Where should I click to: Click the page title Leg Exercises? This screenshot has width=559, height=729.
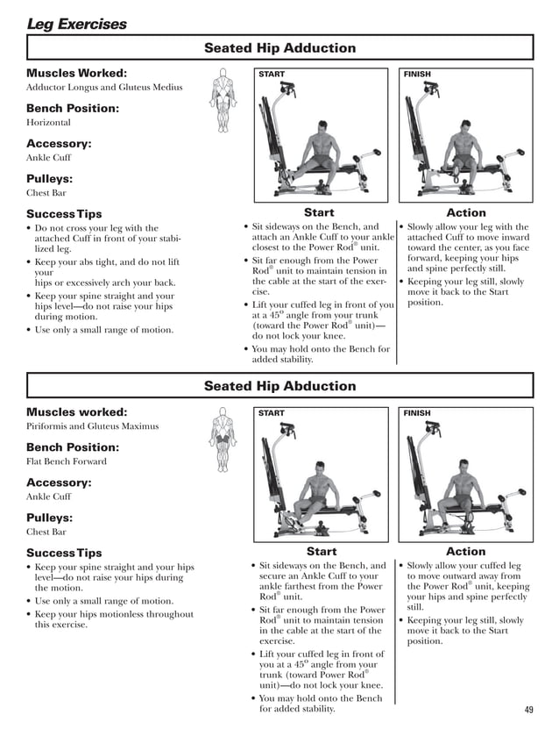click(x=76, y=24)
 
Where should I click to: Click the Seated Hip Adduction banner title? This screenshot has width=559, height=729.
click(x=279, y=48)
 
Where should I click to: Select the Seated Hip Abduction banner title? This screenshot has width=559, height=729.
click(x=279, y=386)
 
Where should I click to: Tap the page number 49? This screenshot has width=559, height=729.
click(x=528, y=710)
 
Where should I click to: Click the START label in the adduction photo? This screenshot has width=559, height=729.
click(x=272, y=75)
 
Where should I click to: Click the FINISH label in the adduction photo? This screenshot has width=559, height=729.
click(x=417, y=75)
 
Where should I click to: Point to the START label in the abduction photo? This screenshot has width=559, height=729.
click(x=272, y=413)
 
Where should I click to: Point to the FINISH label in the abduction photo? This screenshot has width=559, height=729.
click(x=417, y=413)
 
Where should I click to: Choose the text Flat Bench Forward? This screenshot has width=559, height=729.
click(x=67, y=461)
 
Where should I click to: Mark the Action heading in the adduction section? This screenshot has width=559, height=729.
click(x=465, y=212)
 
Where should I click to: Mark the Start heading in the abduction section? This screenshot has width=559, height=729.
click(x=321, y=551)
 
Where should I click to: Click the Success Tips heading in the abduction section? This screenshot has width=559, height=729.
click(x=64, y=553)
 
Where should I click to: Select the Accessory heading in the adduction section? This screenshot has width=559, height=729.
click(x=59, y=144)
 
